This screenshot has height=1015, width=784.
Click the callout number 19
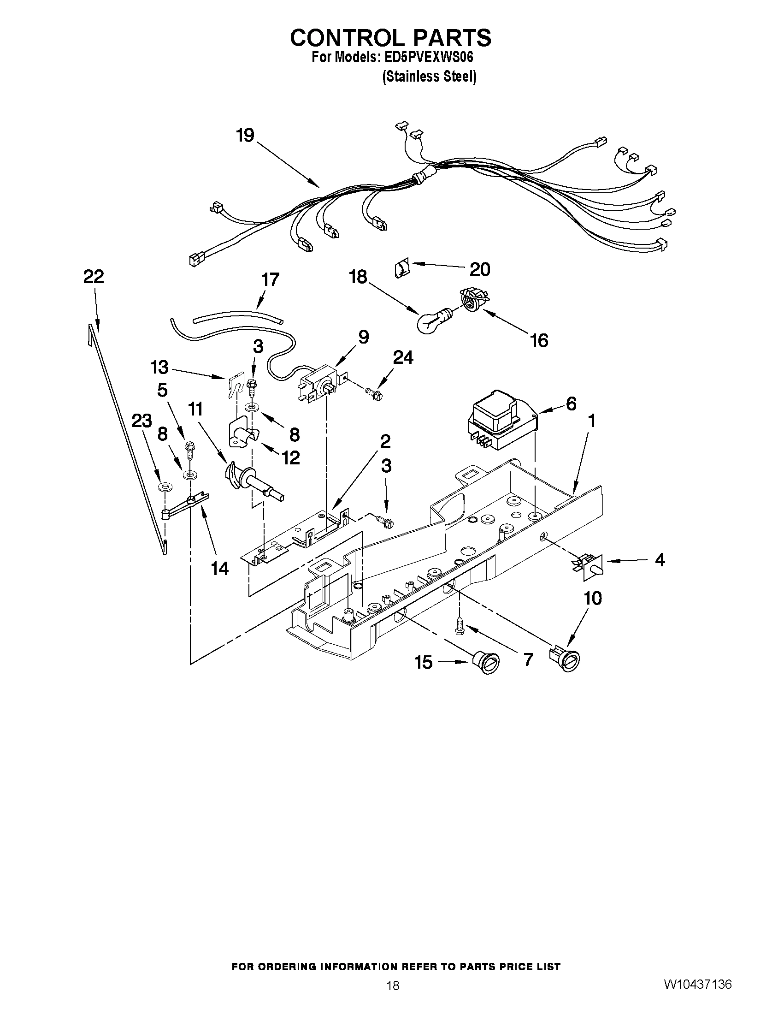pyautogui.click(x=245, y=135)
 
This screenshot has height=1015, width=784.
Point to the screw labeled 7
pyautogui.click(x=460, y=623)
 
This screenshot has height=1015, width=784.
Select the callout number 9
pyautogui.click(x=363, y=338)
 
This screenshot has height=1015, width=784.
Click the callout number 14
pyautogui.click(x=220, y=568)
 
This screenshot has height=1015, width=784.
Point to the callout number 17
pyautogui.click(x=270, y=280)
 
